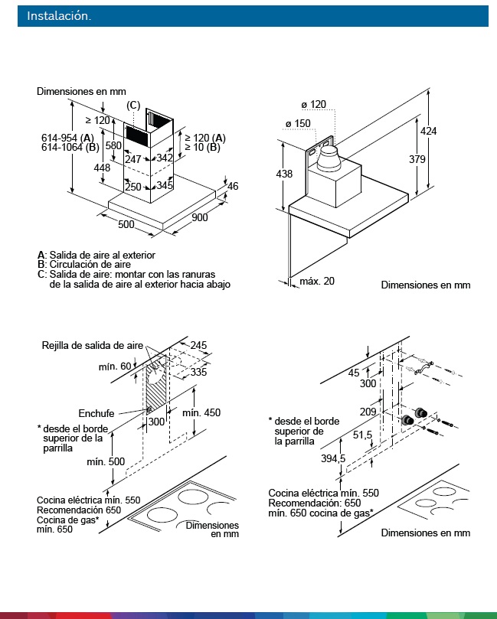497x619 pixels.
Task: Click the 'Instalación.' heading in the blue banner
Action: click(x=59, y=16)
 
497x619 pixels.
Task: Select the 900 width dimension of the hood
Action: click(x=200, y=217)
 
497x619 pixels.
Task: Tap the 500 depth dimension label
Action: click(x=126, y=224)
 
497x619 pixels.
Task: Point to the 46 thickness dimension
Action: click(x=233, y=186)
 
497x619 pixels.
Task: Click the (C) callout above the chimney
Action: click(x=133, y=106)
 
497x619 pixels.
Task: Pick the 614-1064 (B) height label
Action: click(x=70, y=147)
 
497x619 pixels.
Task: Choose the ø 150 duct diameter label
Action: click(x=298, y=123)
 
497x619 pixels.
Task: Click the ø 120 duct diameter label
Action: click(x=314, y=105)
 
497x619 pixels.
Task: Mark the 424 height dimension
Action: click(x=428, y=131)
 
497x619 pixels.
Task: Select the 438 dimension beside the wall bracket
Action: click(x=284, y=174)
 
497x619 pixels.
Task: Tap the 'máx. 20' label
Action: click(x=317, y=281)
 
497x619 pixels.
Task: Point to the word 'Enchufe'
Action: click(x=96, y=413)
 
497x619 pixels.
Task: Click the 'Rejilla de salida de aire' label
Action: click(x=93, y=345)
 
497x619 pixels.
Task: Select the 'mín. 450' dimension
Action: click(x=201, y=412)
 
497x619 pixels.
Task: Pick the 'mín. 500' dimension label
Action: click(x=106, y=461)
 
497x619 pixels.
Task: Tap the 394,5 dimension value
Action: click(x=333, y=458)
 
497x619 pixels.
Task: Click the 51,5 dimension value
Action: click(x=362, y=435)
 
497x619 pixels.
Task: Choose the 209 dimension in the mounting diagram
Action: click(x=368, y=412)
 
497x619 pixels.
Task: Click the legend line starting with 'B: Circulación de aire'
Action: click(x=84, y=264)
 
